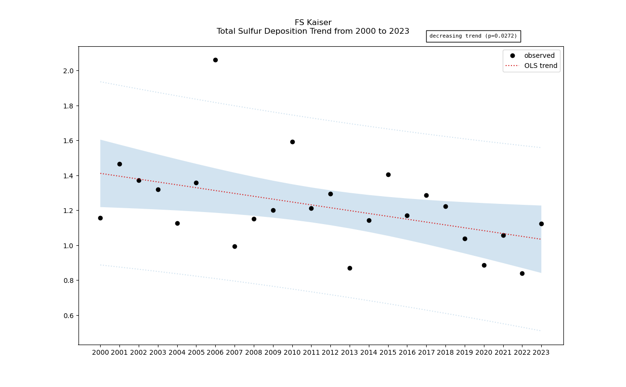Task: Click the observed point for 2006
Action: pyautogui.click(x=215, y=60)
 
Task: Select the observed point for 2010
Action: pyautogui.click(x=292, y=142)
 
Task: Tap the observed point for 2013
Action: pyautogui.click(x=350, y=268)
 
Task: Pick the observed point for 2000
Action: pyautogui.click(x=100, y=218)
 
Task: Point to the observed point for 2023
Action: pyautogui.click(x=541, y=224)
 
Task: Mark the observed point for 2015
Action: pyautogui.click(x=388, y=174)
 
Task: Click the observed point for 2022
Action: pyautogui.click(x=522, y=273)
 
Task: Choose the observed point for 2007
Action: pyautogui.click(x=235, y=246)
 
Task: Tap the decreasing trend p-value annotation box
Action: pyautogui.click(x=473, y=36)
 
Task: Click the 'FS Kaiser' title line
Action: pyautogui.click(x=313, y=23)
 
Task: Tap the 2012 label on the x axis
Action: pyautogui.click(x=330, y=352)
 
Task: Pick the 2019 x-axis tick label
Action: pyautogui.click(x=465, y=352)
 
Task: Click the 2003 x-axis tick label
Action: pyautogui.click(x=158, y=352)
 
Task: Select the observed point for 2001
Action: pyautogui.click(x=119, y=164)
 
